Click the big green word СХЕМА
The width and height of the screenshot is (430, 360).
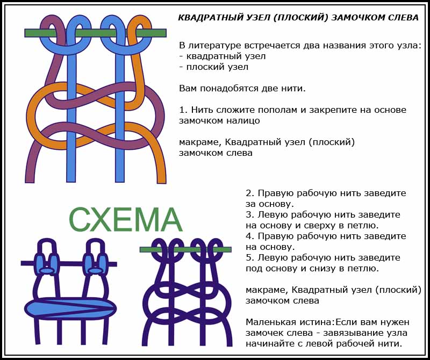125,220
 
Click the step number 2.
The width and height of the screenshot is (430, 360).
249,193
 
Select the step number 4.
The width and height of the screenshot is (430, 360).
249,236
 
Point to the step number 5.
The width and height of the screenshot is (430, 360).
249,257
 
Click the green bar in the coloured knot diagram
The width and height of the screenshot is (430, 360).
95,33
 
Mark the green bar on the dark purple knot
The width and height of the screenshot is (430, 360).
185,249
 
